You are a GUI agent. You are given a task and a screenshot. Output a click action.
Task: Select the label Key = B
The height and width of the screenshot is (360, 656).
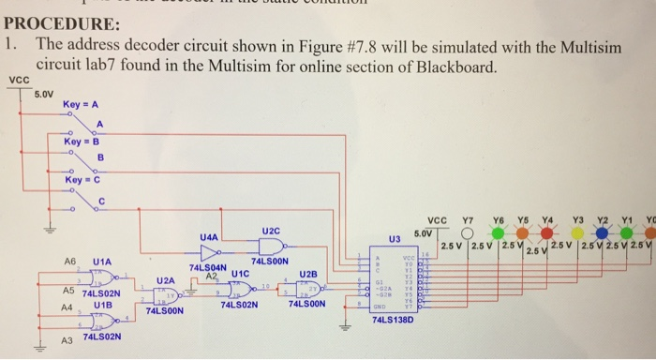tap(82, 142)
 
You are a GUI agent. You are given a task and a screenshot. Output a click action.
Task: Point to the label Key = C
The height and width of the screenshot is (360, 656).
tap(82, 178)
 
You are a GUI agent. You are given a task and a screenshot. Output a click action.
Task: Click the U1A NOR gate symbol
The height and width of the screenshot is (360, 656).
tap(98, 277)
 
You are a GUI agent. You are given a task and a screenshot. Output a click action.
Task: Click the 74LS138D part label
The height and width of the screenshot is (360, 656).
tap(392, 321)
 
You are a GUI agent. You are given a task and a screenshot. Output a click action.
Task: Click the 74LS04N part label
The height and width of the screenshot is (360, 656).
tap(207, 268)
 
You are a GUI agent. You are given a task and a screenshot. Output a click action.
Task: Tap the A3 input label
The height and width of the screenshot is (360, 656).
tap(67, 339)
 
